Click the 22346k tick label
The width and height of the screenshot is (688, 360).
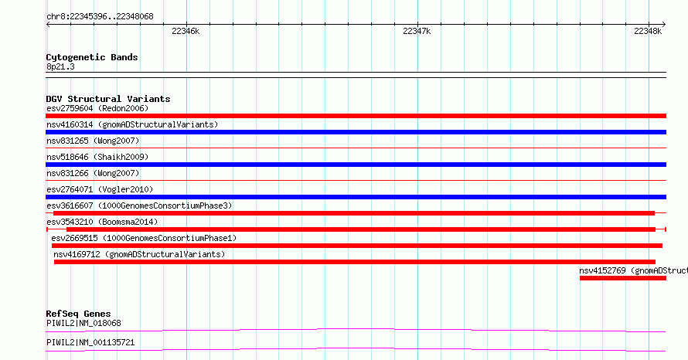pos(186,31)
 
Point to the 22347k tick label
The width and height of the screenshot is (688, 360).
pos(417,31)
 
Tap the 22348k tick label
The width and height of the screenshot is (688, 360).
pos(648,31)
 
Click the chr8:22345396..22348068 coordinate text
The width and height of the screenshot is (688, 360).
pos(100,17)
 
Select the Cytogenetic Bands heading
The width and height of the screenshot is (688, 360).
pos(92,57)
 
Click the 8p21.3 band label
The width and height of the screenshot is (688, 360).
pos(60,66)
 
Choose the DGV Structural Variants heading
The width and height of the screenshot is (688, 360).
pos(108,99)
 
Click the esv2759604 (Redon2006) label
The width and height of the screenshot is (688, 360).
pos(97,108)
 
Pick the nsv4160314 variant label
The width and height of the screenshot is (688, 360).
pos(132,124)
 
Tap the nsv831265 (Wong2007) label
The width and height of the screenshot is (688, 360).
pos(93,141)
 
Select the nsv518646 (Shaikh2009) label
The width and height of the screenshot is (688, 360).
pos(97,157)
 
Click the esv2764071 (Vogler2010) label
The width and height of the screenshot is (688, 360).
pos(100,189)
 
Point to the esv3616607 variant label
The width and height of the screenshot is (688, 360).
pos(139,205)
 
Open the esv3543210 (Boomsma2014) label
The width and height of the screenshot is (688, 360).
pos(102,222)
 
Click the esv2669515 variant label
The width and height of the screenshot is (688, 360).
pos(144,238)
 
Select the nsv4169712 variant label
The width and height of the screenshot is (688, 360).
pos(139,254)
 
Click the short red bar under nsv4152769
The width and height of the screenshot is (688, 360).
pos(622,278)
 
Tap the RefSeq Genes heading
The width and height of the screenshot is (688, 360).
pos(78,314)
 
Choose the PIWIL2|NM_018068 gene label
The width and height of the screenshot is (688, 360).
pos(83,323)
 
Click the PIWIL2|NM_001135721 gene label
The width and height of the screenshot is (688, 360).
pos(90,342)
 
